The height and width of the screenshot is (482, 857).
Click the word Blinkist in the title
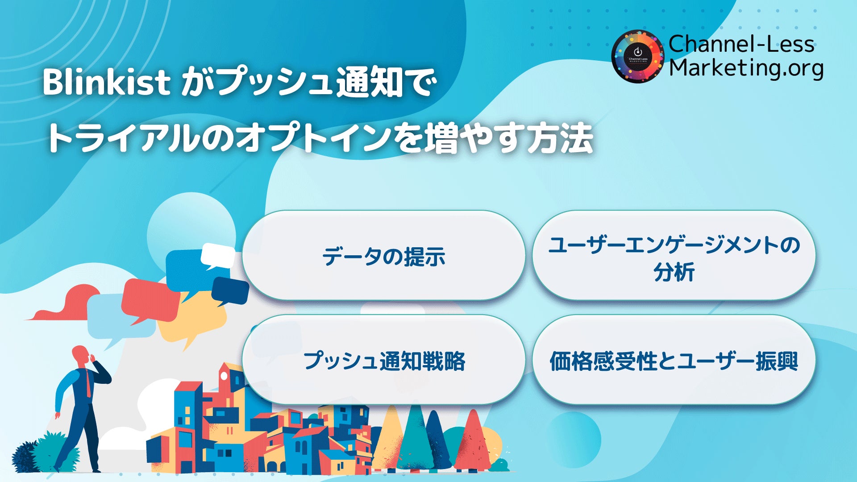pos(106,82)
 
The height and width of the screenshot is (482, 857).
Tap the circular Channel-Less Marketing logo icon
pos(638,57)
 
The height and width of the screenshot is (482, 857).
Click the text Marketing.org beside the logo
pos(746,68)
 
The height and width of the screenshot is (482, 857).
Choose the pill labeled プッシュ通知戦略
pos(383,361)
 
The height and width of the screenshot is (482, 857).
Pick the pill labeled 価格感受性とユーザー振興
pos(674,361)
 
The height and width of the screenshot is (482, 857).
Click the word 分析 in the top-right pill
pos(674,272)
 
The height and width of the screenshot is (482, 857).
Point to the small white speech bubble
pos(217,256)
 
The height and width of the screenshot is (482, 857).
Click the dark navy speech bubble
pos(230,290)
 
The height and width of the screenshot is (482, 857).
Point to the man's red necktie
pos(88,384)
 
